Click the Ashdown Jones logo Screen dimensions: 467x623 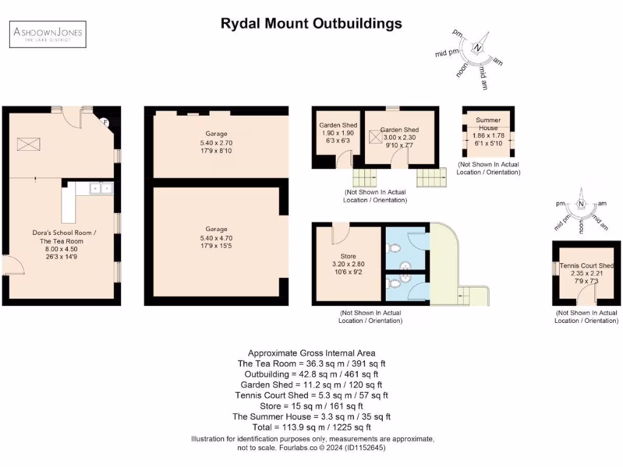pyautogui.click(x=49, y=33)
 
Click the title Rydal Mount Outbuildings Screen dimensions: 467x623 pyautogui.click(x=311, y=24)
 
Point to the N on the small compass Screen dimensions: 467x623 pyautogui.click(x=582, y=204)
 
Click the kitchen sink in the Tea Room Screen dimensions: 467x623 pyautogui.click(x=101, y=189)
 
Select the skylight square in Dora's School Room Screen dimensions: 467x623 pyautogui.click(x=29, y=145)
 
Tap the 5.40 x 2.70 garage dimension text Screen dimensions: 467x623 pyautogui.click(x=216, y=143)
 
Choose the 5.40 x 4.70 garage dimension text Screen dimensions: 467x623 pyautogui.click(x=216, y=238)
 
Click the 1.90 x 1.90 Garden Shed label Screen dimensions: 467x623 pyautogui.click(x=338, y=133)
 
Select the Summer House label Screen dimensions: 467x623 pyautogui.click(x=488, y=124)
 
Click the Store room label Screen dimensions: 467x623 pyautogui.click(x=348, y=256)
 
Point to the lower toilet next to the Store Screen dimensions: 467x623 pyautogui.click(x=394, y=283)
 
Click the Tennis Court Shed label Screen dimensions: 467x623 pyautogui.click(x=586, y=266)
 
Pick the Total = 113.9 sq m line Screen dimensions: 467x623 pyautogui.click(x=311, y=427)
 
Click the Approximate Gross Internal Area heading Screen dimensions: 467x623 pyautogui.click(x=311, y=353)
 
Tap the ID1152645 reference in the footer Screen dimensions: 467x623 pyautogui.click(x=366, y=448)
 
